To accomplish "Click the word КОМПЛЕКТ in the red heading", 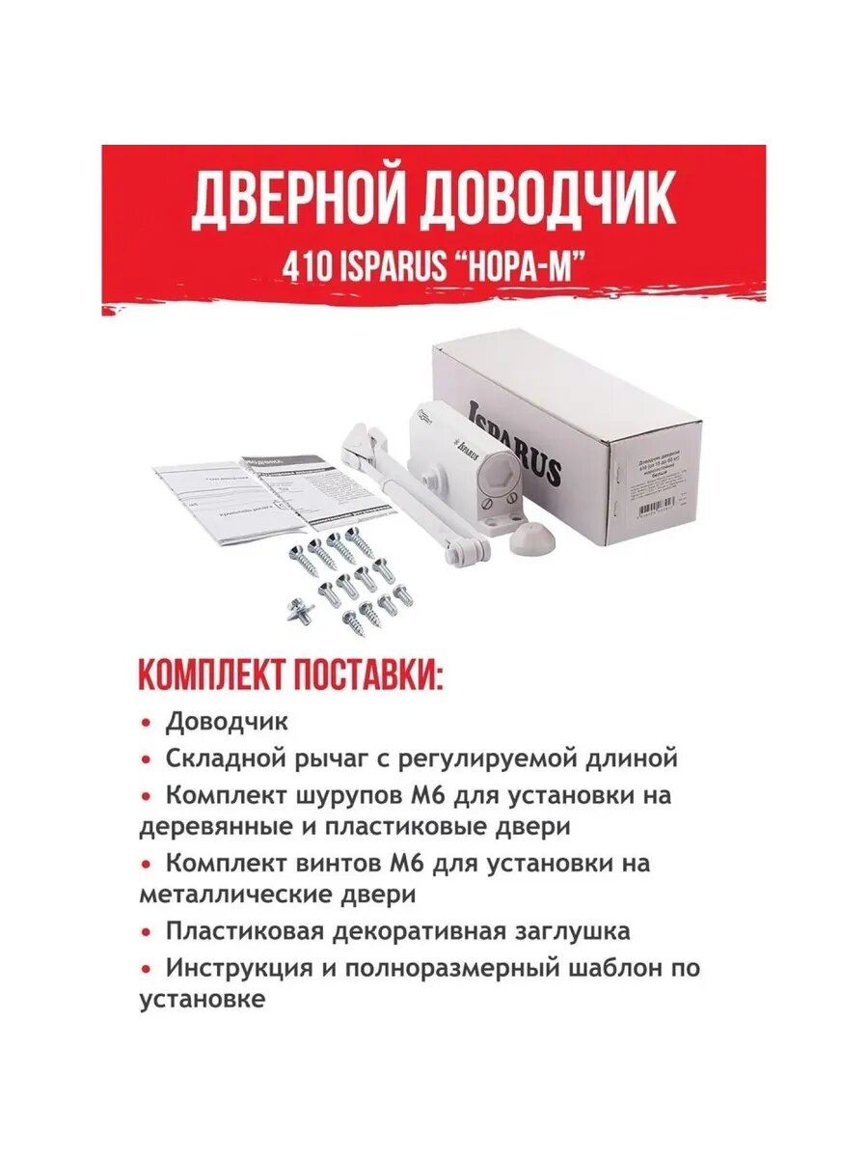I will coord(213,675).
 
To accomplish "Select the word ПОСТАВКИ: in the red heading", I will coord(370,675).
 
